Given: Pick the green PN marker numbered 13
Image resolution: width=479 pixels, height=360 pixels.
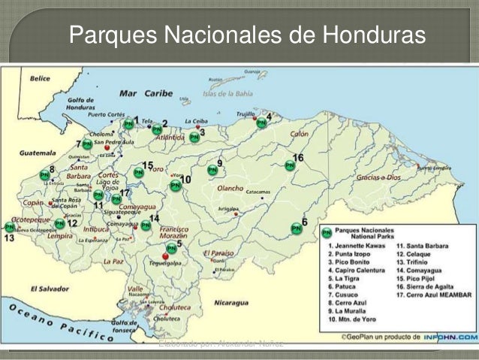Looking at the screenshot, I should point(10,227).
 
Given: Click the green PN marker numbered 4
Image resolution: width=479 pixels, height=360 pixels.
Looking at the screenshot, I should point(261,123).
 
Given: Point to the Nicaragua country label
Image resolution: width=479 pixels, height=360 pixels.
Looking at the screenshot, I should point(230,303).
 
